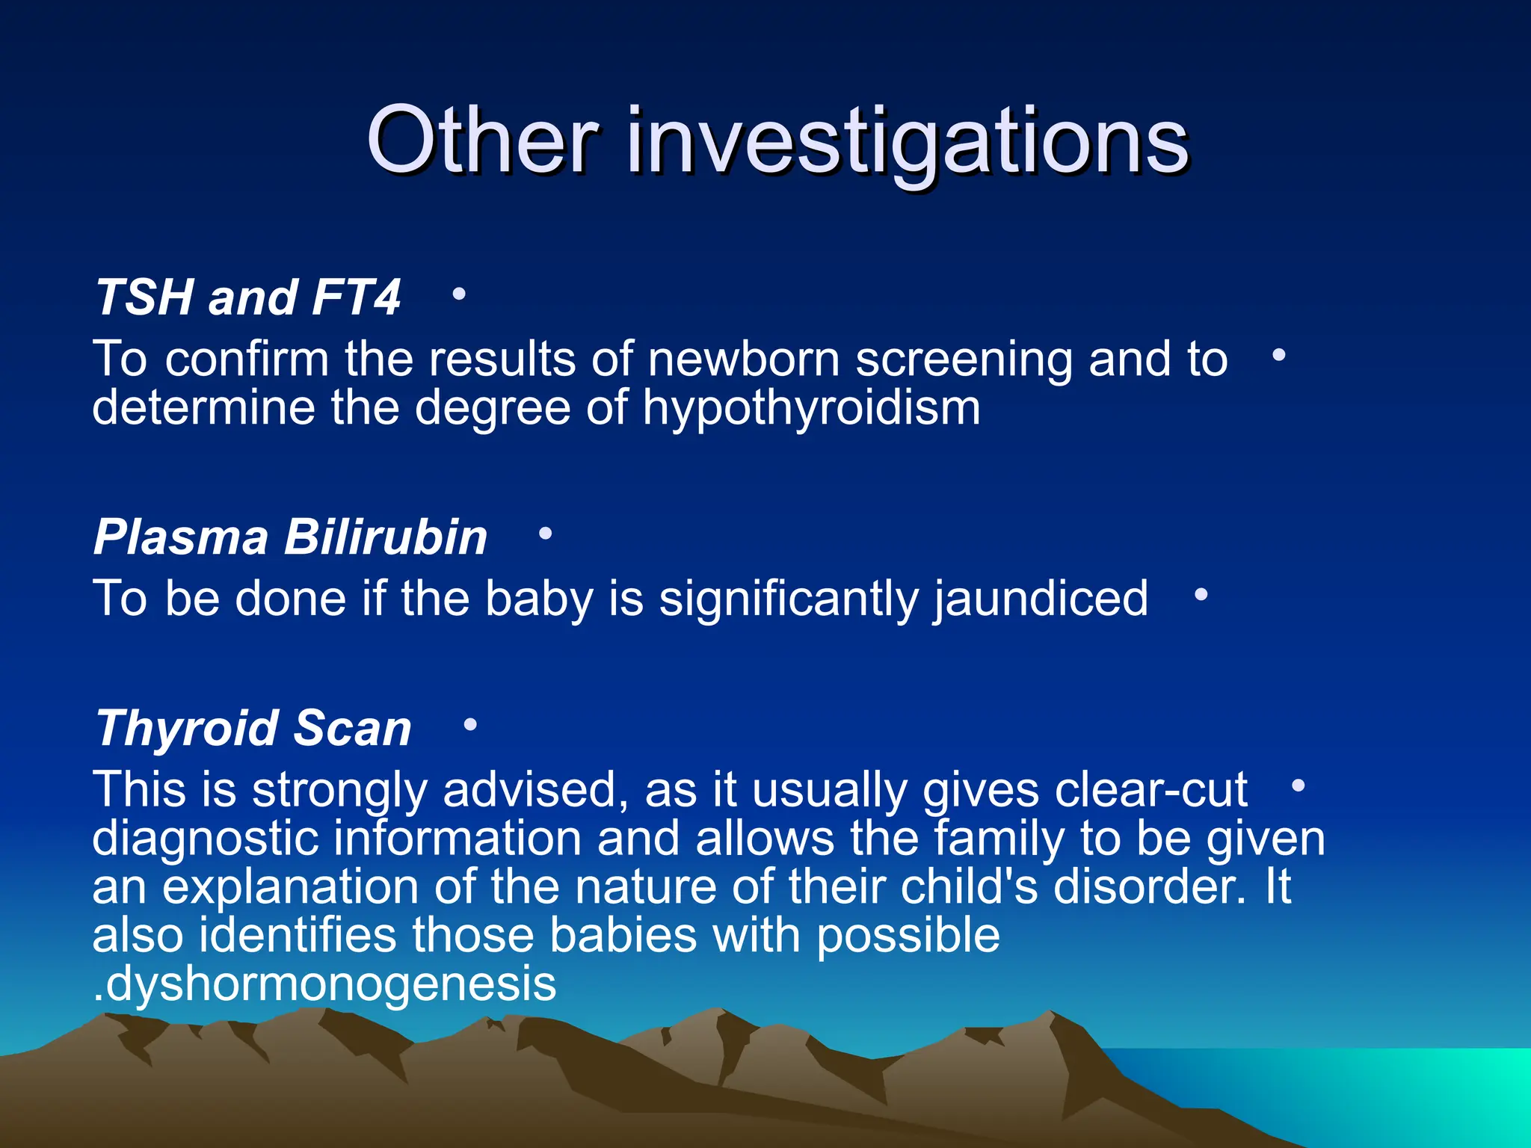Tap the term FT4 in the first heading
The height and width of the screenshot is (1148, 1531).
tap(356, 297)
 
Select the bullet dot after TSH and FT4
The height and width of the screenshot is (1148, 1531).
tap(459, 294)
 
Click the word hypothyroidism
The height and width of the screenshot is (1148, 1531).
tap(811, 409)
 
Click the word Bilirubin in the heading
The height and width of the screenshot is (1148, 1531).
tap(386, 537)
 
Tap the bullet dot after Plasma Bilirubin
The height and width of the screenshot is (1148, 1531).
tap(545, 534)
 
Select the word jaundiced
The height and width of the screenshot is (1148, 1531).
tap(1041, 599)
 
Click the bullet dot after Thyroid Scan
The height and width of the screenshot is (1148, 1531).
tap(470, 724)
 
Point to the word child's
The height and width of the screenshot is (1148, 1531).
tap(970, 887)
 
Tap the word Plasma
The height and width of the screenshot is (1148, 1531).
tap(181, 537)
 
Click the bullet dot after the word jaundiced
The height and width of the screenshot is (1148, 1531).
tap(1201, 595)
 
